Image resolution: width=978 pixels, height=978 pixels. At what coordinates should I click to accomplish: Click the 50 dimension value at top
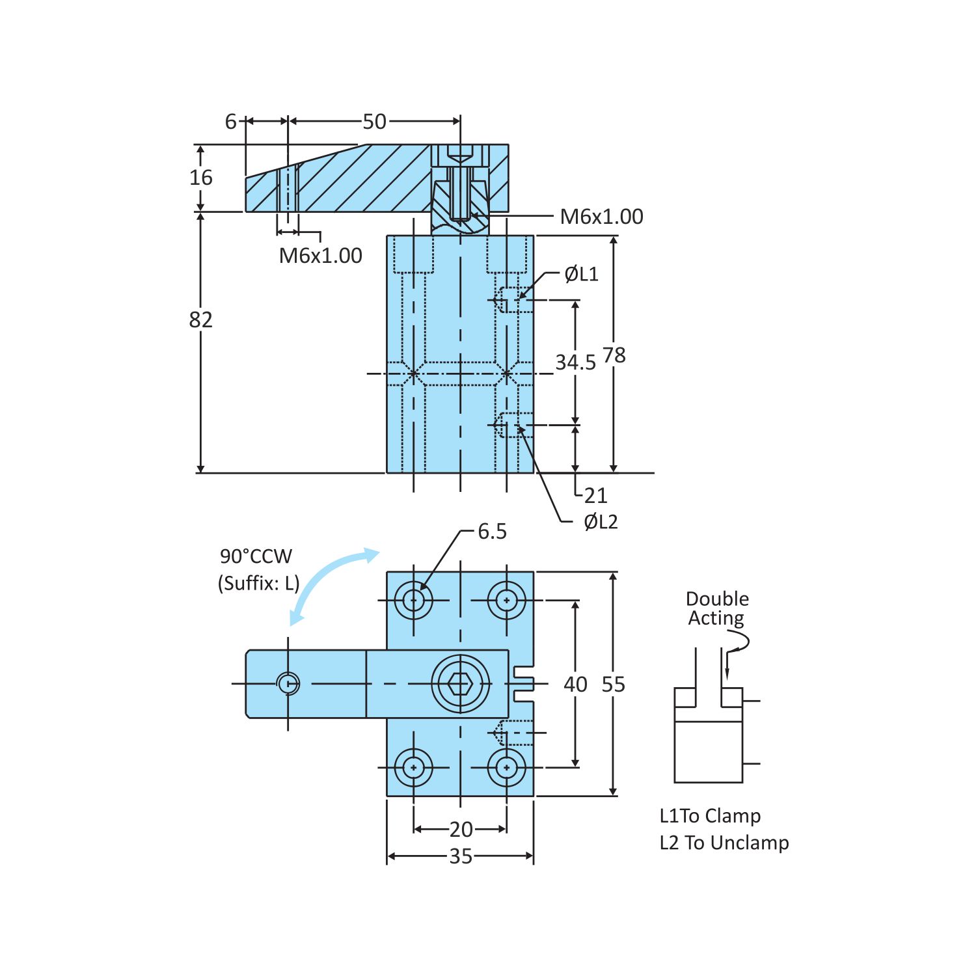(x=374, y=122)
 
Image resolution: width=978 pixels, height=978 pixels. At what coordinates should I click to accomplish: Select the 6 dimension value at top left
(x=231, y=122)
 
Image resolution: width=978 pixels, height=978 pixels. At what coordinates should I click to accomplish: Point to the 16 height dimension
(x=201, y=178)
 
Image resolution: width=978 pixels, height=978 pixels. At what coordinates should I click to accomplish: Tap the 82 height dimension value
(x=201, y=320)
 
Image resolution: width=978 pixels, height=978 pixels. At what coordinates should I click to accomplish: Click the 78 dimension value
(x=614, y=355)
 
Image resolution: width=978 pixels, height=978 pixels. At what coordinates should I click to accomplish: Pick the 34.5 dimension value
(x=575, y=362)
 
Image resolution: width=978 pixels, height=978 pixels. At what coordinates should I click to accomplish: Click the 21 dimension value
(x=595, y=496)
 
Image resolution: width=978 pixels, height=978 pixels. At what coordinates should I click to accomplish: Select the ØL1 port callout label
(x=581, y=274)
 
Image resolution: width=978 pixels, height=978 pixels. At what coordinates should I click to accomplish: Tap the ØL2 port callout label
(x=600, y=522)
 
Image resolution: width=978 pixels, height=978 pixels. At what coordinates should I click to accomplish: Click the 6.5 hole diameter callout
(x=492, y=532)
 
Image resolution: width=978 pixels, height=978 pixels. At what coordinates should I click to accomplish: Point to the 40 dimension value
(x=575, y=685)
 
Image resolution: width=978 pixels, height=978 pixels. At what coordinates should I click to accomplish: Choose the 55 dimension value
(x=613, y=685)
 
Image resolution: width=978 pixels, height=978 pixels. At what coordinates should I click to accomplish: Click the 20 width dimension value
(x=461, y=830)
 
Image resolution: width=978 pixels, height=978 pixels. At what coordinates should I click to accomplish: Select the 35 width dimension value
(x=461, y=856)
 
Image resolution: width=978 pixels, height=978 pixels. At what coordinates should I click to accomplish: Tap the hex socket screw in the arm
(x=460, y=684)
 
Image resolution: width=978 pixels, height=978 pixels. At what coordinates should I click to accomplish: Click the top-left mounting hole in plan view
(x=414, y=600)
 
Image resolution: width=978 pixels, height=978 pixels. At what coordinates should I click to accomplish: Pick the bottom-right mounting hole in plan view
(x=507, y=768)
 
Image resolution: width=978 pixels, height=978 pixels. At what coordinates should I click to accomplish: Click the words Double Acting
(x=717, y=608)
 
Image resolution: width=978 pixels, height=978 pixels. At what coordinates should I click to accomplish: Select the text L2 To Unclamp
(x=724, y=843)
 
